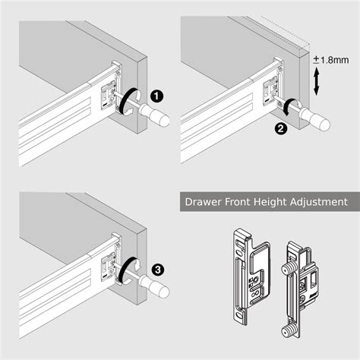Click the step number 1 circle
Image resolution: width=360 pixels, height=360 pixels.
tap(156, 96)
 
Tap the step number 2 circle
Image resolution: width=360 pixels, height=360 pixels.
tap(281, 129)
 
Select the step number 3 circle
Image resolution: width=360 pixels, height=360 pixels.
tap(157, 267)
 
